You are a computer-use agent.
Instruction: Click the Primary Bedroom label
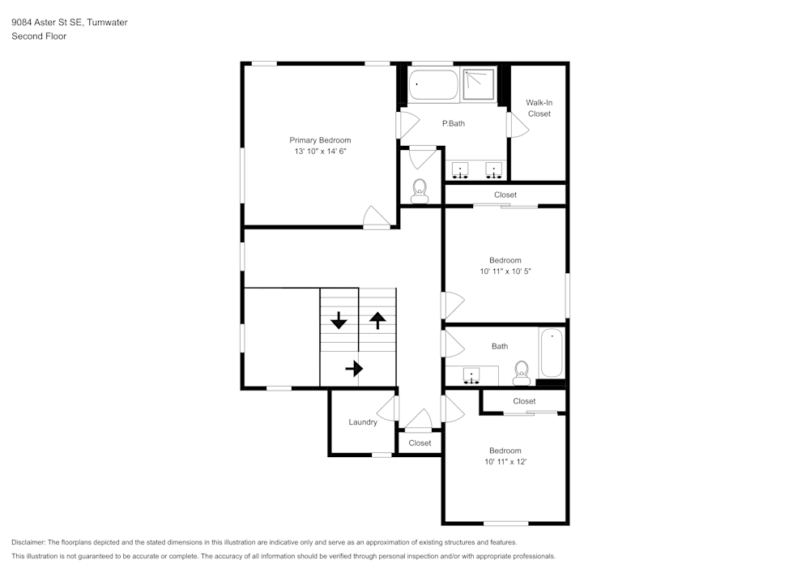coord(320,140)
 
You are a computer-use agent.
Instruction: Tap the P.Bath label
coord(453,123)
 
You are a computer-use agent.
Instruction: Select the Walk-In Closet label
coord(539,108)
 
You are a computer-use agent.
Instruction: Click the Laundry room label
coord(362,422)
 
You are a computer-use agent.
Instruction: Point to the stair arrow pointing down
coord(339,320)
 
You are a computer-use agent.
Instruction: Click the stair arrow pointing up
coord(377,320)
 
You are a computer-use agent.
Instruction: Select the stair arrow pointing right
coord(354,369)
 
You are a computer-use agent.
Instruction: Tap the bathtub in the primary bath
coord(433,85)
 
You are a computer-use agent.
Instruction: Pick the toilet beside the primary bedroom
coord(420,190)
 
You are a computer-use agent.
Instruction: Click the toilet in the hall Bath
coord(521,372)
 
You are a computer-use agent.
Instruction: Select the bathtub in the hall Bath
coord(552,353)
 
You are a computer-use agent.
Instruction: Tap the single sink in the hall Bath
coord(471,376)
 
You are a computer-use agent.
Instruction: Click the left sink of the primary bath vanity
coord(461,170)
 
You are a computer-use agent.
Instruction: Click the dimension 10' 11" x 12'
coord(505,462)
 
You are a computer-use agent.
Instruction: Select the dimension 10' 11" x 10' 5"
coord(505,272)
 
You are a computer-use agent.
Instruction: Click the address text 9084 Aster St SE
coord(48,23)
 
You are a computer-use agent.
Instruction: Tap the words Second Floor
coord(39,36)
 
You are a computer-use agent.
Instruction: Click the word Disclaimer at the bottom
coord(28,542)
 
